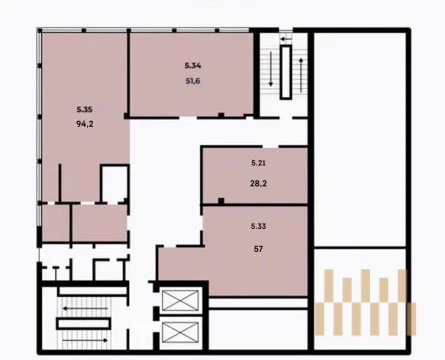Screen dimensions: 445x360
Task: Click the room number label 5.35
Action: coord(84,109)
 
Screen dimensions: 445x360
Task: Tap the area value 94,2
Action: coord(85,124)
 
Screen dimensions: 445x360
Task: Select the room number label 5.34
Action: coord(193,65)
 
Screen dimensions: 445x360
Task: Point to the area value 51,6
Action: coord(193,81)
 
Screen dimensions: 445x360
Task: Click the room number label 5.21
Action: coord(258,163)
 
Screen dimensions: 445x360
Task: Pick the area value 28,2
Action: coord(258,183)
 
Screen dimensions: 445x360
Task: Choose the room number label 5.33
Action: coord(258,226)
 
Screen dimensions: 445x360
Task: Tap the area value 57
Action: coord(258,249)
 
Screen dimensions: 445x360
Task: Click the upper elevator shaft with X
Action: coord(180,301)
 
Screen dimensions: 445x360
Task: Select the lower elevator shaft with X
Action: coord(180,332)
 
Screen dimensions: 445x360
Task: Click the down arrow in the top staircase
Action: coord(271,69)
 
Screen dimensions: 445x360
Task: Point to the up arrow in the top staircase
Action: coord(301,75)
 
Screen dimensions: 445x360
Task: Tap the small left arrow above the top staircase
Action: coord(286,39)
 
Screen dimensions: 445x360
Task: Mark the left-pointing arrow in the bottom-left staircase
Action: coord(85,308)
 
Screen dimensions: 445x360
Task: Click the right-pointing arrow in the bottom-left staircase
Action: coord(85,340)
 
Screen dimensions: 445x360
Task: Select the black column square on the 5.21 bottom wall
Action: coord(221,201)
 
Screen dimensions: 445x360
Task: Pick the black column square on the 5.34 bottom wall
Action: coord(221,115)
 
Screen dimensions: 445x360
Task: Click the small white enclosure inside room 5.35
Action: coord(115,183)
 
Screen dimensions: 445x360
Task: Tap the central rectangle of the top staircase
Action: coord(286,72)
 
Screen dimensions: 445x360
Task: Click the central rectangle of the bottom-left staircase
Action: coord(83,324)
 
